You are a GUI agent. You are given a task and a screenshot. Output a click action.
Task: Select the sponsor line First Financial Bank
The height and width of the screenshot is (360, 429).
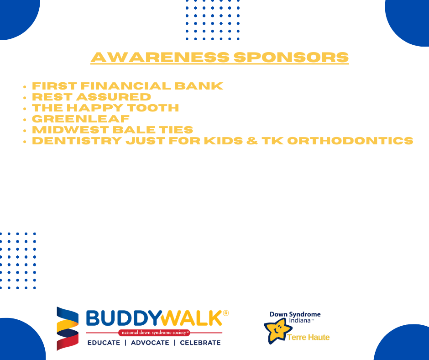pos(127,86)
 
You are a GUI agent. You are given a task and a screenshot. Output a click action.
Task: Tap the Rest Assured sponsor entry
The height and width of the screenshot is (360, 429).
pos(91,97)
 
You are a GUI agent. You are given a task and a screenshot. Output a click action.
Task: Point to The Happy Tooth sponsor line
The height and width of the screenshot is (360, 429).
pos(105,108)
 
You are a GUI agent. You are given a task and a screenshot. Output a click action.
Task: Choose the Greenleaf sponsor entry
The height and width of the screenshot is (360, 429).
pos(81,119)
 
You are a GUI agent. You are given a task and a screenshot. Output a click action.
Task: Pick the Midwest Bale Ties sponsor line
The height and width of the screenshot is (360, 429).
pos(112,130)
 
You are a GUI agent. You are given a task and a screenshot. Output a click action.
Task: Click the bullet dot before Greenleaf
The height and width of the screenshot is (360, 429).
pos(25,119)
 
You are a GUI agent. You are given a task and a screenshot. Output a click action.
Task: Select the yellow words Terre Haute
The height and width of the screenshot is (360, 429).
pos(308,338)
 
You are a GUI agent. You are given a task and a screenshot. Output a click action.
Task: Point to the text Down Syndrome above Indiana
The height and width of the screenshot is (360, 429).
pos(295,314)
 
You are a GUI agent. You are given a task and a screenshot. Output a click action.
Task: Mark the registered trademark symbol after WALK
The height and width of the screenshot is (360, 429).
pos(225,313)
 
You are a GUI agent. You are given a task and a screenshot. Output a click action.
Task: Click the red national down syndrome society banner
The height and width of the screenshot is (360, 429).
pos(154,333)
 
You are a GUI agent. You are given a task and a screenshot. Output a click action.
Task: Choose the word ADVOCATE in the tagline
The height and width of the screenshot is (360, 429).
pos(150,343)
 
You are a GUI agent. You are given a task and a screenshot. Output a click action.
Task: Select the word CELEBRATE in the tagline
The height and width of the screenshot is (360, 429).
pos(200,343)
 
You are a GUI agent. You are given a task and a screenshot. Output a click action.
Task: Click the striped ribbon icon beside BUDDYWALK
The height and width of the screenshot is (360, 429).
pos(67,328)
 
